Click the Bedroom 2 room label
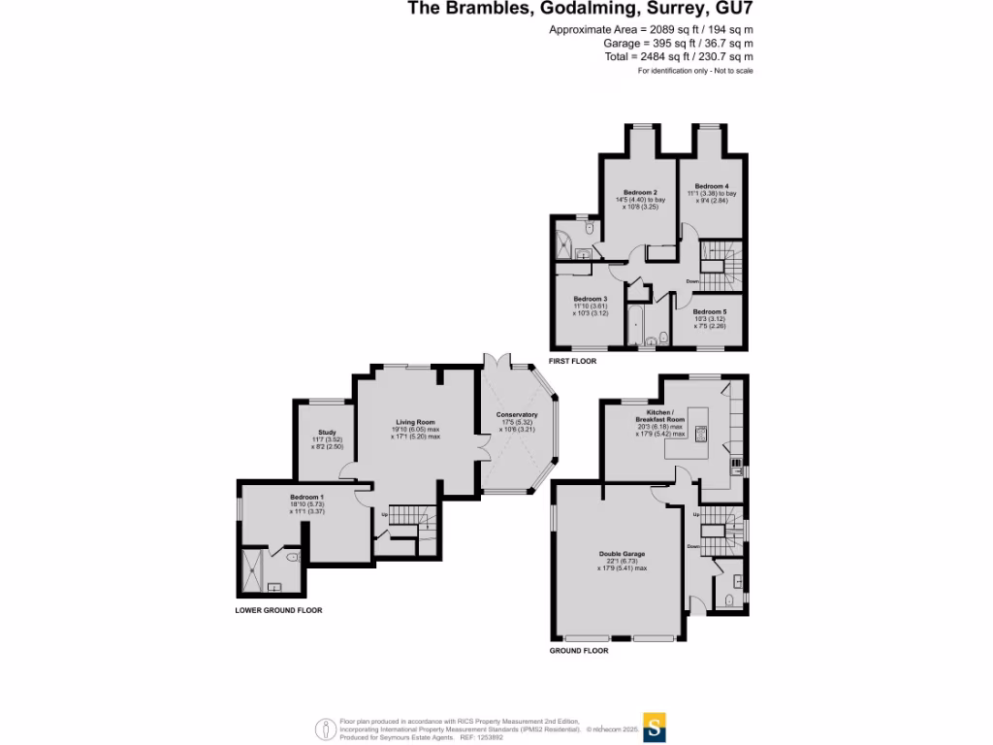tap(634, 193)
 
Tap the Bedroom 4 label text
tap(712, 186)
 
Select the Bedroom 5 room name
tap(710, 311)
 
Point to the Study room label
tap(326, 433)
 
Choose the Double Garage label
tap(622, 554)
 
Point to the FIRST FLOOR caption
tap(572, 361)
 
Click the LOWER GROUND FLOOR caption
tap(278, 611)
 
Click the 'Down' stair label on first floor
tap(691, 281)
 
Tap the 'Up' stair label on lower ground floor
tap(385, 514)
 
